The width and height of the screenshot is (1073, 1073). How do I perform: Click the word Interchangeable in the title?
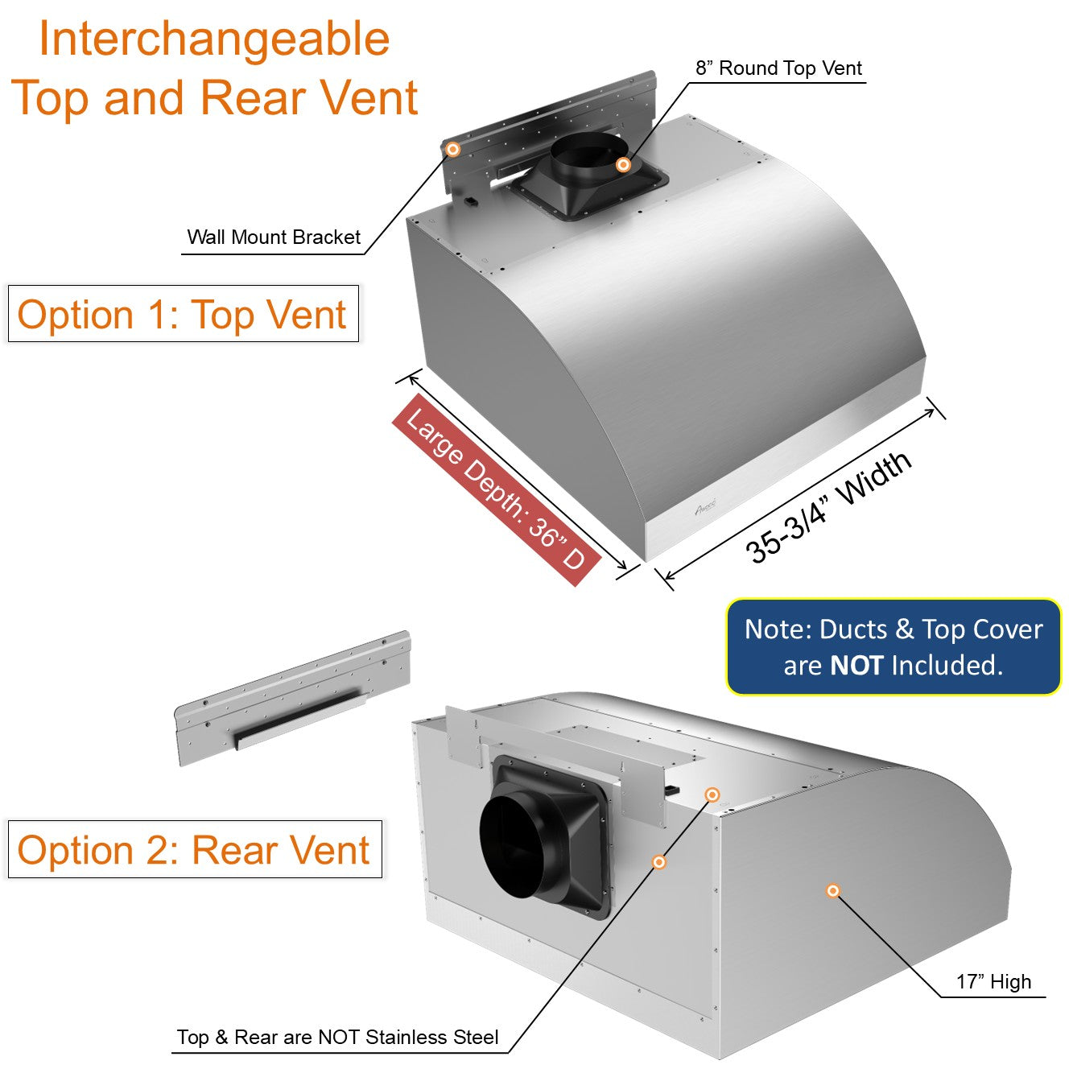214,39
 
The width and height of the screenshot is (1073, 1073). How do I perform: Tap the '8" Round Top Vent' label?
778,68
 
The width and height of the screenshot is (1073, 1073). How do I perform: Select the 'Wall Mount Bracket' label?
274,237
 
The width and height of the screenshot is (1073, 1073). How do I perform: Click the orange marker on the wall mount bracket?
453,149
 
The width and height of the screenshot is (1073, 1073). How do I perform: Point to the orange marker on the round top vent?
622,164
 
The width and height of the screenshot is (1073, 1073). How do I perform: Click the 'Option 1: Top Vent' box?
183,314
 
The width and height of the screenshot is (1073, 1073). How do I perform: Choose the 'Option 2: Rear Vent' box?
194,850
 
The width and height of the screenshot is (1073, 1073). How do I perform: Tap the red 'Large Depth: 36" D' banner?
496,489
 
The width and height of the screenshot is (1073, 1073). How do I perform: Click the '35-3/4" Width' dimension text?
829,507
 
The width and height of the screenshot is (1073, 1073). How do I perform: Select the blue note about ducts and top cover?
893,646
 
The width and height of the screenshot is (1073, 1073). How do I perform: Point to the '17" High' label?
993,982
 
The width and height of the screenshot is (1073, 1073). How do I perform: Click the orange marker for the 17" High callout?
833,890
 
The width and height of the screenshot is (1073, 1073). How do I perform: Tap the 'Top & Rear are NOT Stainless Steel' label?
337,1038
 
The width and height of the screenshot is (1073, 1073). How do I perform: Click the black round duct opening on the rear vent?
515,845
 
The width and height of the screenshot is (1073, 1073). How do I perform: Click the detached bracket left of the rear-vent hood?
293,698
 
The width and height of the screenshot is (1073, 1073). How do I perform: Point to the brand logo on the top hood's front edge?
705,509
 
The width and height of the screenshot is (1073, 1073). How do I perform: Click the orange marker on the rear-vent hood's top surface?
712,794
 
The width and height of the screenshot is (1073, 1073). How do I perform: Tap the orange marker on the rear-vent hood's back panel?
658,862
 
